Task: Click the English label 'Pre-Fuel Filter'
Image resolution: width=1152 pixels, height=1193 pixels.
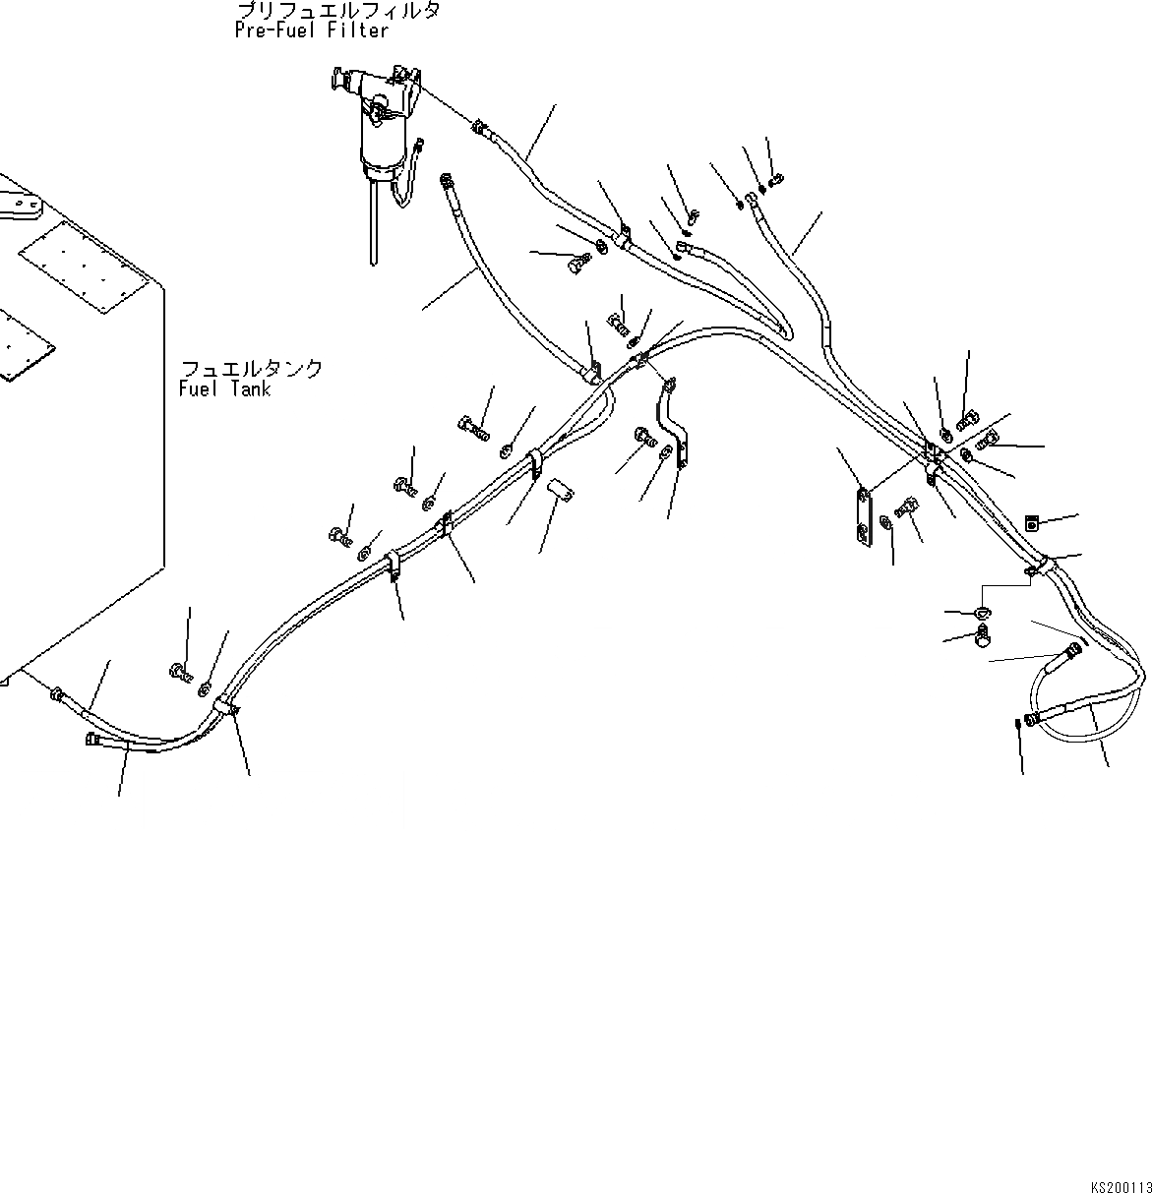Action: pos(312,30)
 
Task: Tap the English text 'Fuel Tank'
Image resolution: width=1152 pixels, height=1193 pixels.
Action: pos(225,389)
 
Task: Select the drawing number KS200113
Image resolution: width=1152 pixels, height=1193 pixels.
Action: pos(1120,1161)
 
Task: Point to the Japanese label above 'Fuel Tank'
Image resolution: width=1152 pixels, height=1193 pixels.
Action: pos(251,369)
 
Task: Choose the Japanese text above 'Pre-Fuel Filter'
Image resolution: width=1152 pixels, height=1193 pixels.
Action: pos(337,11)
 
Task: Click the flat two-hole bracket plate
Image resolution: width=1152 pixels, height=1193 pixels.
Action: pos(862,514)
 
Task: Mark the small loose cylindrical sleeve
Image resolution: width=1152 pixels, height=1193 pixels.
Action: pos(562,489)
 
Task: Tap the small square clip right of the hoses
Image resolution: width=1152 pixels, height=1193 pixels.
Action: pos(1031,523)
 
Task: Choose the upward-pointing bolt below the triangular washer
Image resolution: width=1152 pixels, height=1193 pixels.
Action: pos(982,639)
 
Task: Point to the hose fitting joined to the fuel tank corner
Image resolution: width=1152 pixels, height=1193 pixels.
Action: pos(56,693)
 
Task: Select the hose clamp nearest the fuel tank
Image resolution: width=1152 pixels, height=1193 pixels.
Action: pos(225,706)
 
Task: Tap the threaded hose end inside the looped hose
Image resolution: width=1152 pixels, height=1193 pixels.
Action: pos(1061,656)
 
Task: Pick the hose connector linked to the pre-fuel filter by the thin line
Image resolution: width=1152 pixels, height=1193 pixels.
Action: pos(479,127)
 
